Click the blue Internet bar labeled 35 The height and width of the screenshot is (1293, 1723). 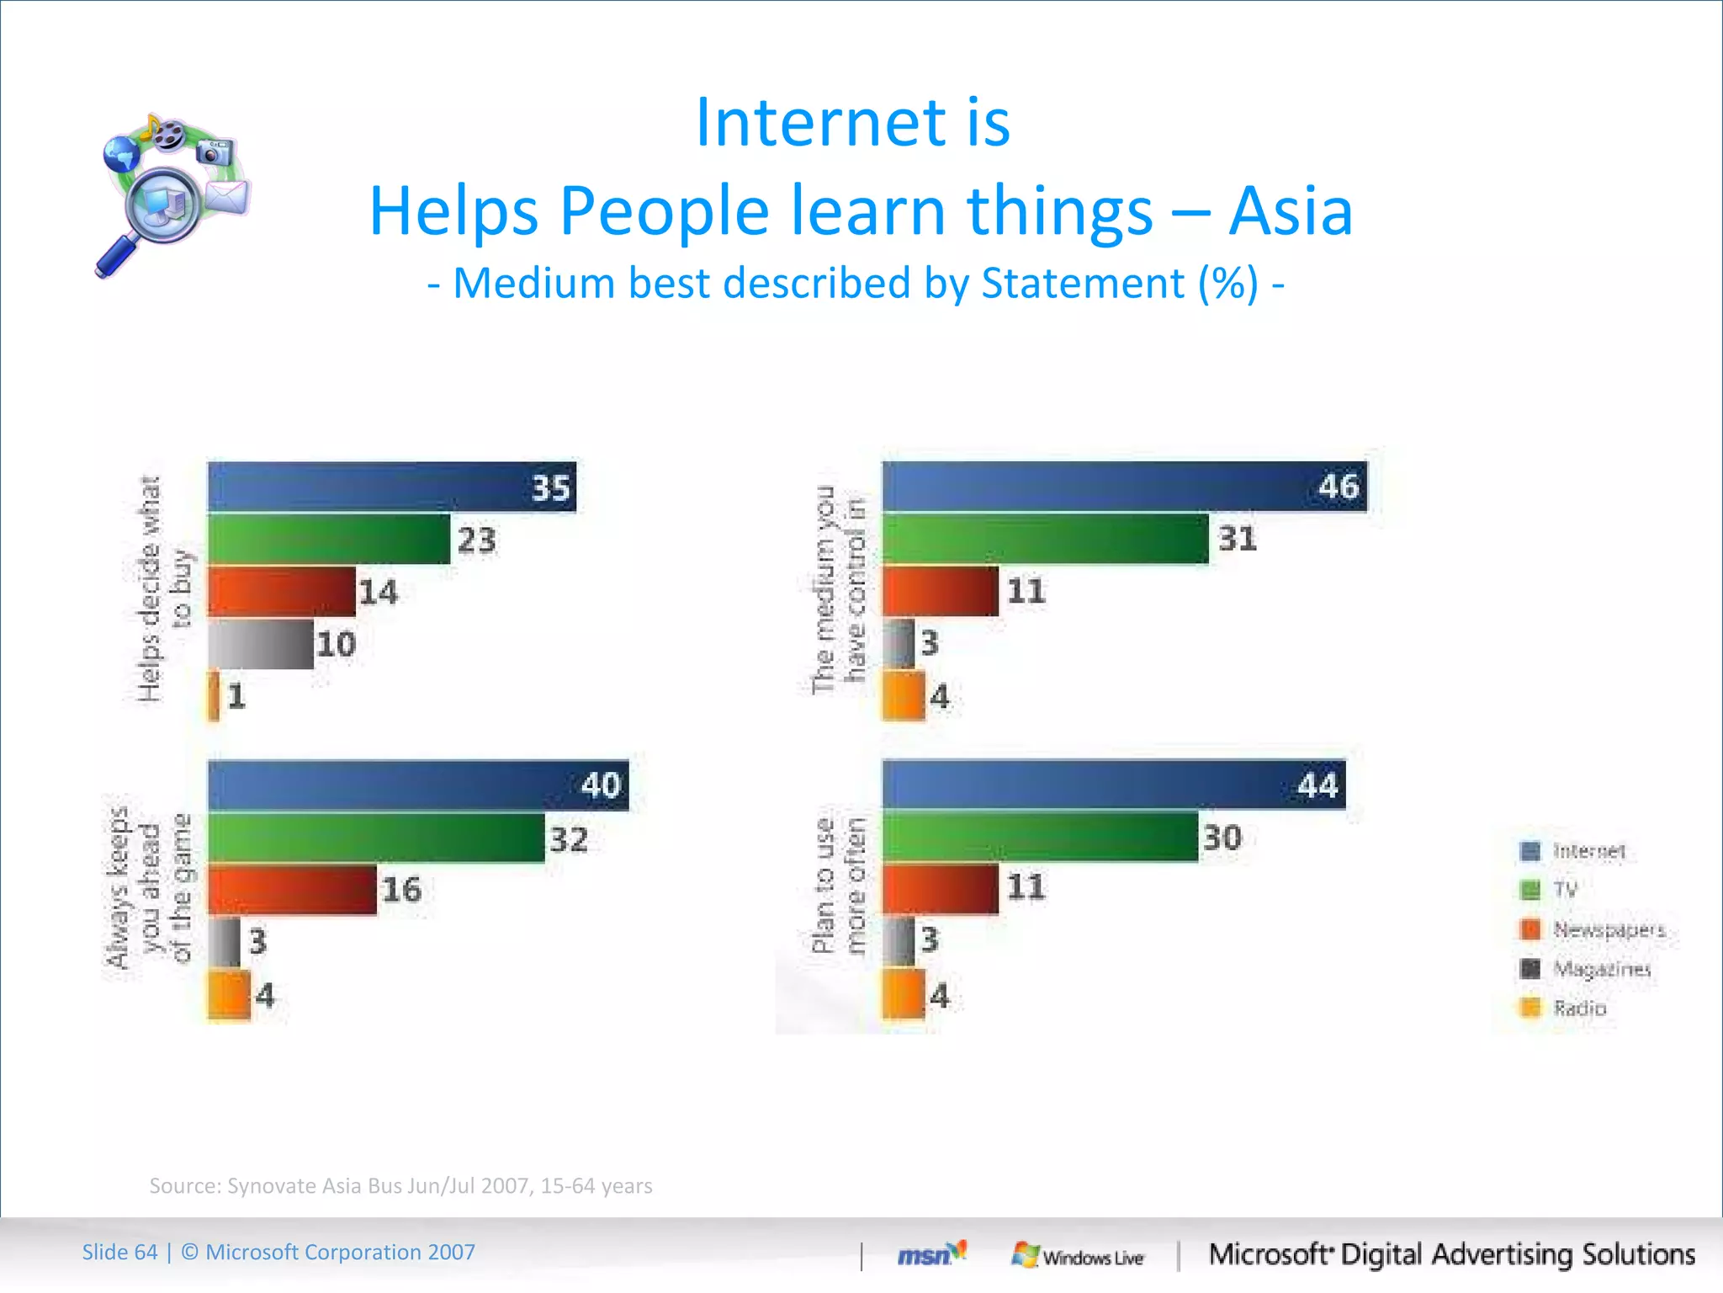[391, 487]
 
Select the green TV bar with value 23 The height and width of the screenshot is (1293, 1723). [328, 539]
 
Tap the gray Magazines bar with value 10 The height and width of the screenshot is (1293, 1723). [260, 644]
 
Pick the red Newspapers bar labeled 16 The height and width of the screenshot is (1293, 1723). [292, 890]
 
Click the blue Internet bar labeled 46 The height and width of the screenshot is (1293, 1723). [1124, 487]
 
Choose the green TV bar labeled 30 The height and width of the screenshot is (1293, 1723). [1040, 837]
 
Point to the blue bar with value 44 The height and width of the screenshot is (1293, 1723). [1113, 785]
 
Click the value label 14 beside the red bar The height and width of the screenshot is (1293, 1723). [378, 592]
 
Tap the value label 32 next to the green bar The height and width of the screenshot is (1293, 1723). [569, 839]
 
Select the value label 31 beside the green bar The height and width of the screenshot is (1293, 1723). [1238, 539]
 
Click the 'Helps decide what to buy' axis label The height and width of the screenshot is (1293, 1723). [163, 589]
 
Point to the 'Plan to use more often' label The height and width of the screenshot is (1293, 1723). [839, 886]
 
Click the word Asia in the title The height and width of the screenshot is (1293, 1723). [1291, 210]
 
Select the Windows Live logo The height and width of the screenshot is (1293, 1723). [1078, 1256]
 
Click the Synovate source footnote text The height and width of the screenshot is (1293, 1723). [400, 1185]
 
